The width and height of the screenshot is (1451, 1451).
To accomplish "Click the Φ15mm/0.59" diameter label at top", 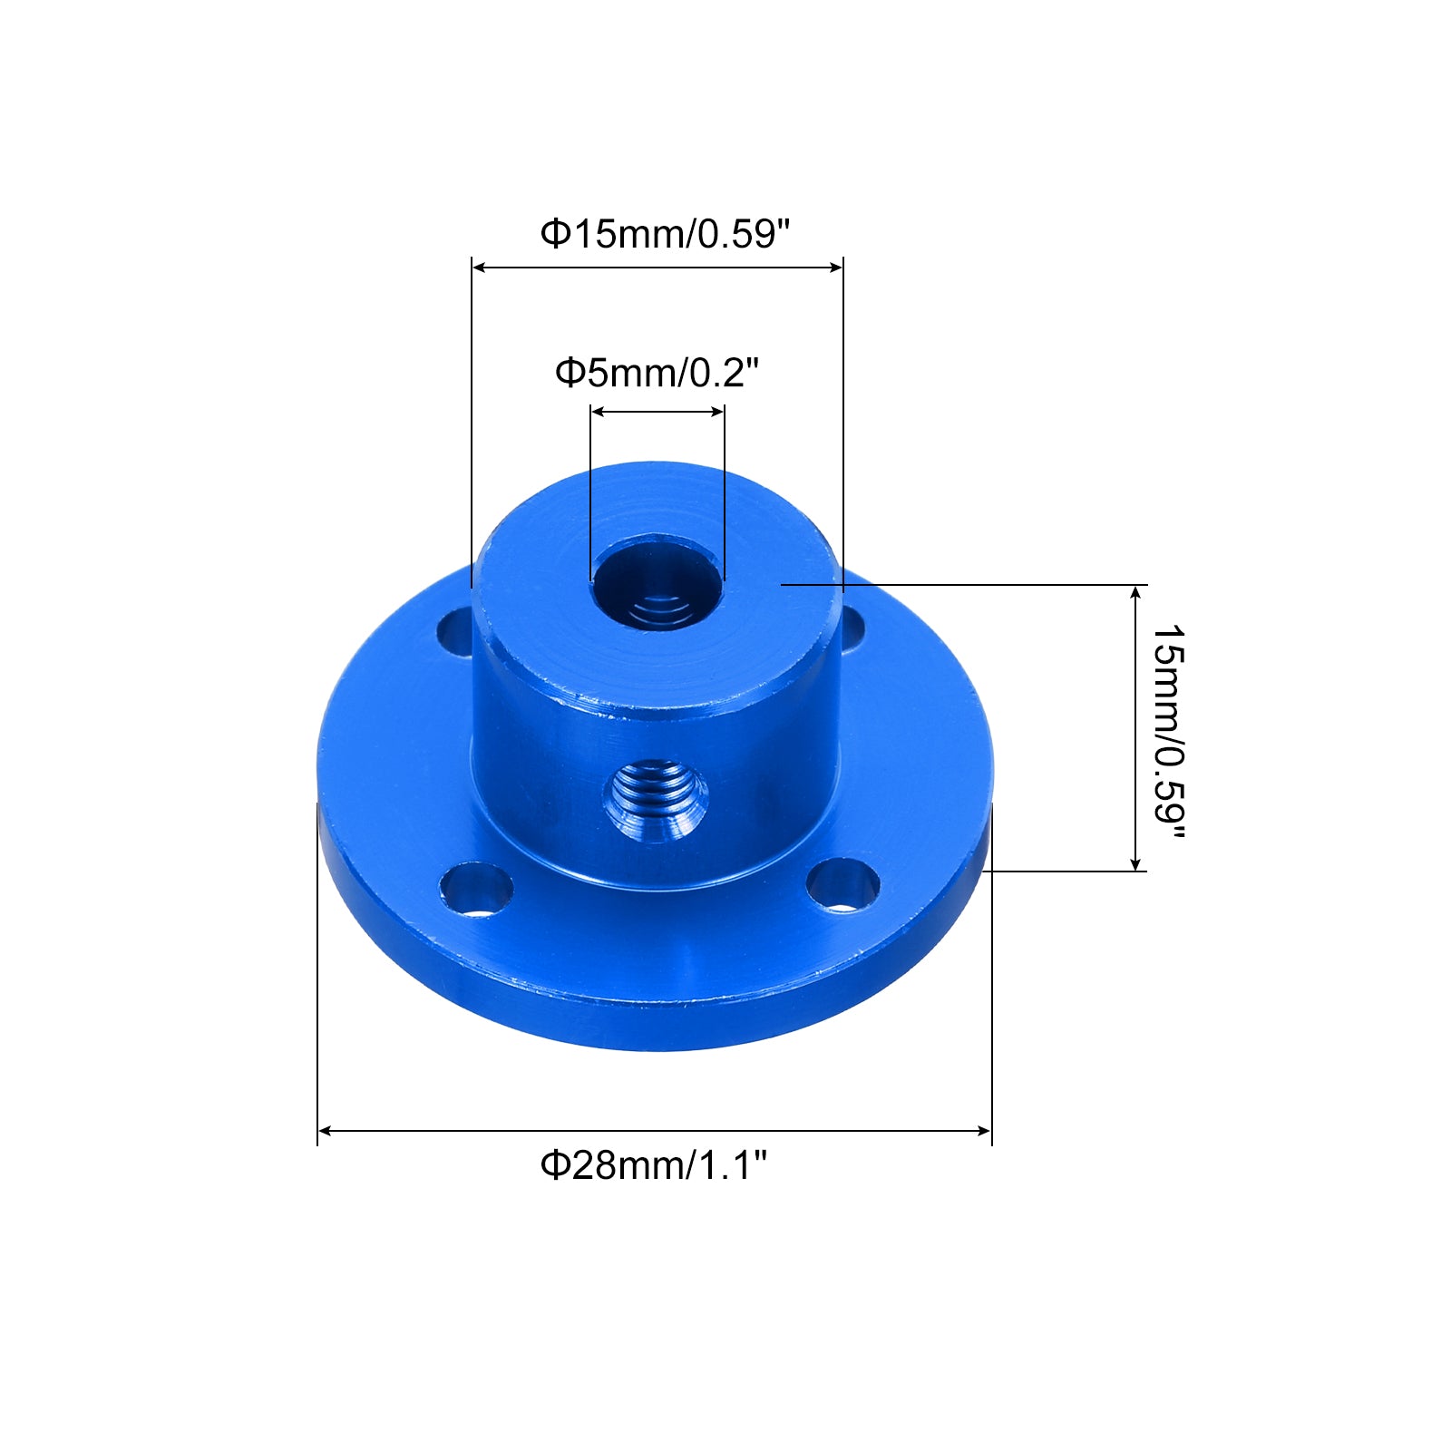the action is [666, 234].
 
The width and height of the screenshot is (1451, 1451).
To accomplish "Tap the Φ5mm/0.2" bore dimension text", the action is [657, 373].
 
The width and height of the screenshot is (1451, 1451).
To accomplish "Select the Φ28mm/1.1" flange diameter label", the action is [654, 1164].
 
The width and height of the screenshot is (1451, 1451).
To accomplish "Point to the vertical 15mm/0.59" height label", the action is [1169, 732].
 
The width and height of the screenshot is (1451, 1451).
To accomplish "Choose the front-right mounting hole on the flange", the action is [843, 884].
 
